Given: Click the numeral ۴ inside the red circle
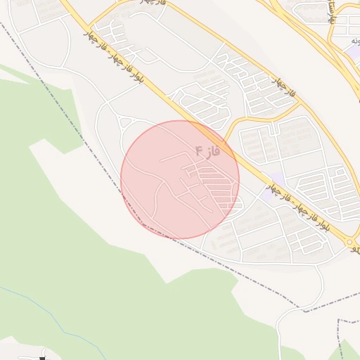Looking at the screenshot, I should point(199,150).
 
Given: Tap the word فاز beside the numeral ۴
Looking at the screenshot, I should point(213,151).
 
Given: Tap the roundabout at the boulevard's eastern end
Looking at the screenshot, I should point(350,243).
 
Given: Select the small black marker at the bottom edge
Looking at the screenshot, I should point(43,358).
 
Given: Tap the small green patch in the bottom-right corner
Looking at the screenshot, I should point(348,351).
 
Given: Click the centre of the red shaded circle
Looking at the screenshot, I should point(180,179).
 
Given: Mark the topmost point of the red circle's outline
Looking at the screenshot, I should point(180,120).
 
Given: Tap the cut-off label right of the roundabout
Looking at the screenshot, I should point(356,248).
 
